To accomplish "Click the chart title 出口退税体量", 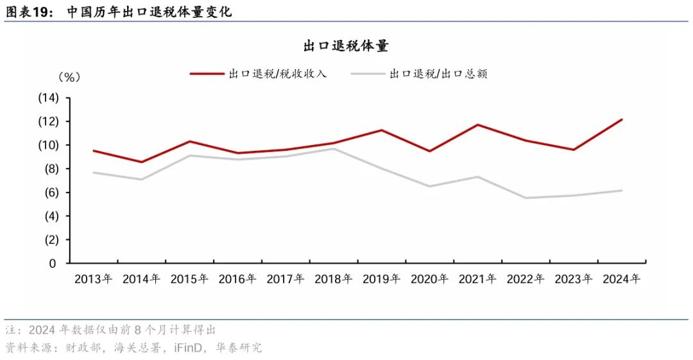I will point(346,46).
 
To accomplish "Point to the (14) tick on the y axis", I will point(48,98).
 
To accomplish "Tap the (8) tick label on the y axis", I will point(48,169).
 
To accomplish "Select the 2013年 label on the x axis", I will point(94,279).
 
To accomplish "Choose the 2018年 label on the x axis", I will point(334,279).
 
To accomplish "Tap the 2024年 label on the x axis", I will point(621,279).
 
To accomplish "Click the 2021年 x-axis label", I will point(477,279).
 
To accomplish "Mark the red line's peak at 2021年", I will point(477,124).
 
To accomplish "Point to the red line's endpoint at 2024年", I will point(621,119).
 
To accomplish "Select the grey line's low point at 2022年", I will point(526,198).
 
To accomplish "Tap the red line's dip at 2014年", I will point(142,162).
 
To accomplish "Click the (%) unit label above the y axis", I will point(69,77).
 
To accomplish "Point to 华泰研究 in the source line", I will point(241,348).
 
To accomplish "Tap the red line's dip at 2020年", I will point(429,151).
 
